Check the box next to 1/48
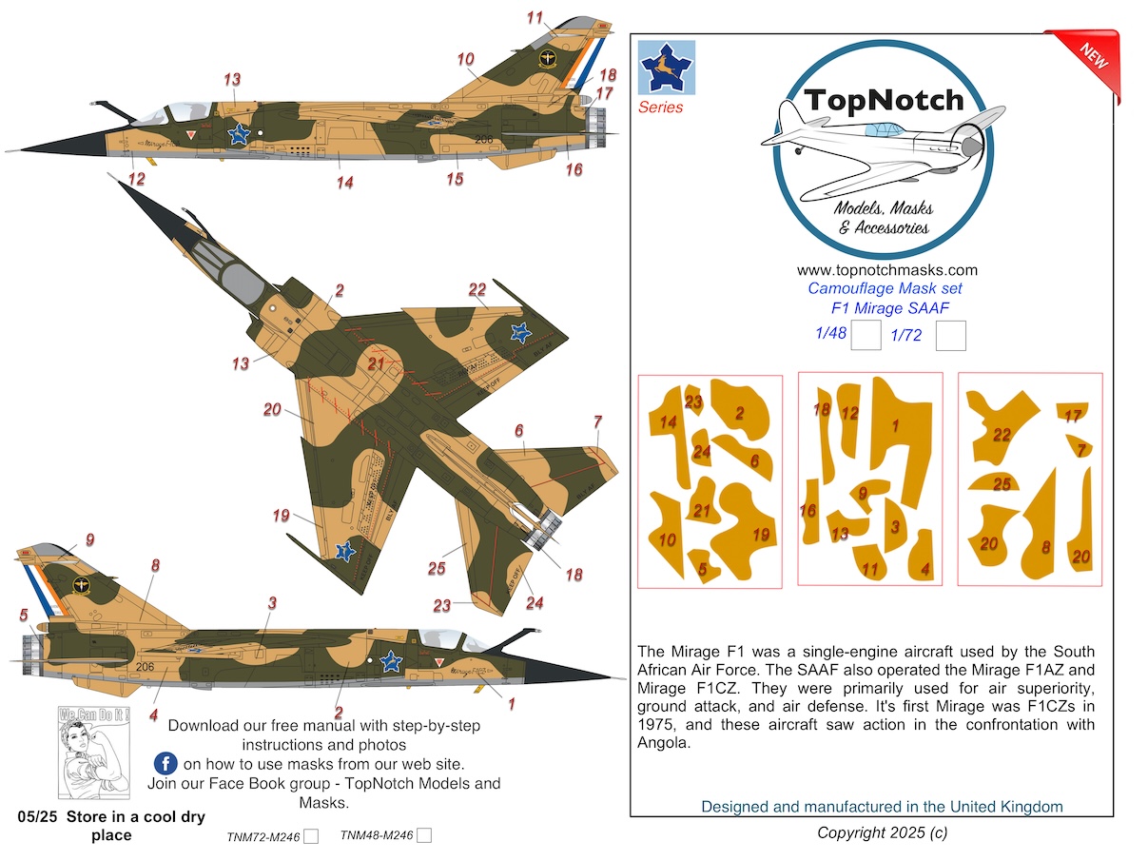(x=865, y=336)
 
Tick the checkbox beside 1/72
(x=951, y=336)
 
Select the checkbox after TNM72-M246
(x=310, y=836)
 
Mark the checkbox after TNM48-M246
(x=424, y=836)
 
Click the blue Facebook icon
(x=165, y=763)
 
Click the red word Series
(x=660, y=108)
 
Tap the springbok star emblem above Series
(x=667, y=68)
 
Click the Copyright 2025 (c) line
(x=882, y=833)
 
